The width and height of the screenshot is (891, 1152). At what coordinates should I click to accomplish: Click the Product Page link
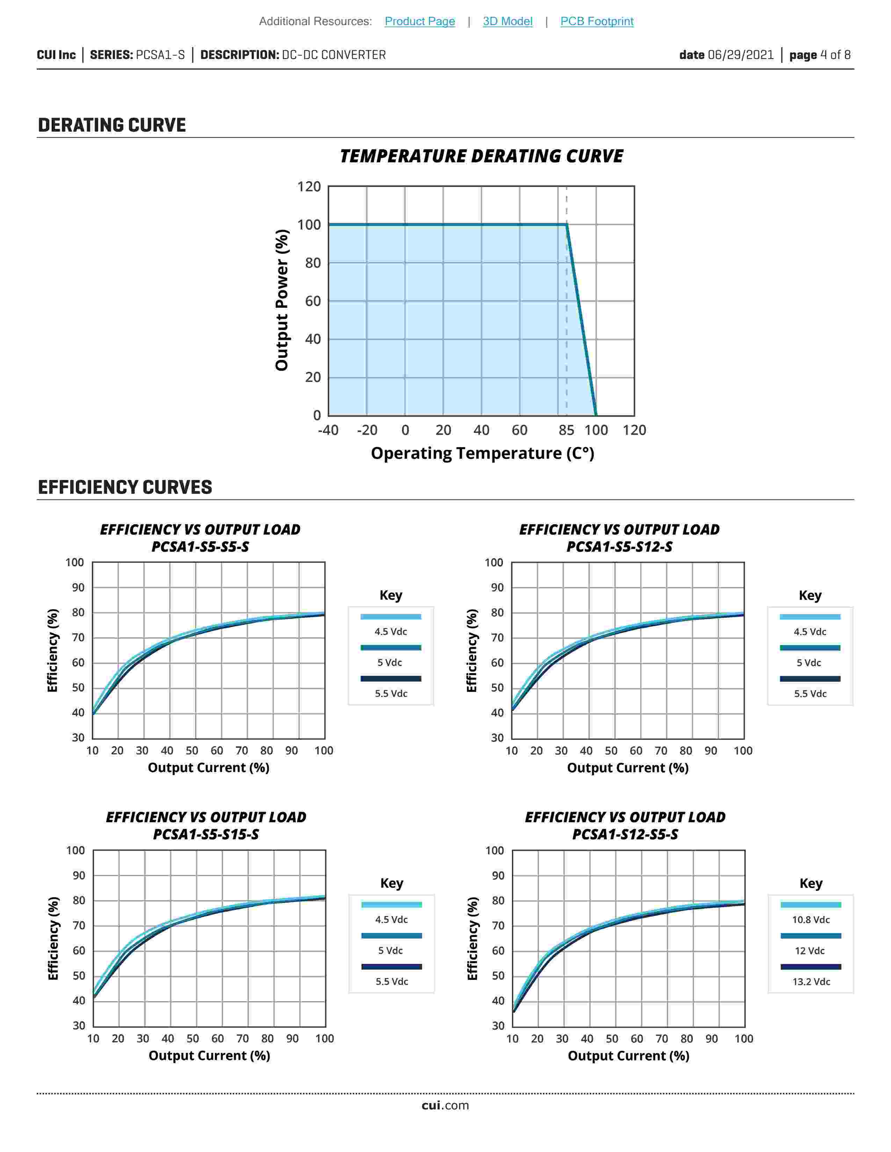pos(420,21)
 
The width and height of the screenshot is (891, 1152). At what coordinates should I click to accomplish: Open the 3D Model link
pos(507,21)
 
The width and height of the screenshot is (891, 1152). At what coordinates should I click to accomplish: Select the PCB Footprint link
pos(596,21)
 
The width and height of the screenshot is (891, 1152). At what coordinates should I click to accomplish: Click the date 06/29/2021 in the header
pos(726,55)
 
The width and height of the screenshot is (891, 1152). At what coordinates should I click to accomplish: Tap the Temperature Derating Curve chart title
pos(481,156)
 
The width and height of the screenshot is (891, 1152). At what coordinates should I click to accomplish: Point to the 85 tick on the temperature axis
pos(566,430)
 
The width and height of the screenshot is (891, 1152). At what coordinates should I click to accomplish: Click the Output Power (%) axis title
pos(282,300)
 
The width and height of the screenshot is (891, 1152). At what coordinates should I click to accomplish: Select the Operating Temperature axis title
pos(483,453)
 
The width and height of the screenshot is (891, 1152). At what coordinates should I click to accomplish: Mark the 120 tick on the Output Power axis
pos(309,187)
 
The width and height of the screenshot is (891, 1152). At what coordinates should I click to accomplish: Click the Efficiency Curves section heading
pos(125,487)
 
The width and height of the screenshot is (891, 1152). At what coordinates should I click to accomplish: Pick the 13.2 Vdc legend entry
pos(811,982)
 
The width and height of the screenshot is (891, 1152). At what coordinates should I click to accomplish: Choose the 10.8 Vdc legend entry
pos(811,920)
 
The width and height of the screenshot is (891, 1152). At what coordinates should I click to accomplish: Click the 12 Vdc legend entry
pos(810,951)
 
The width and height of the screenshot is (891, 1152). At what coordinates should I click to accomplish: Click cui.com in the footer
pos(445,1106)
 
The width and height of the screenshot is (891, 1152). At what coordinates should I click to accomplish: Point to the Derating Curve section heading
pos(112,125)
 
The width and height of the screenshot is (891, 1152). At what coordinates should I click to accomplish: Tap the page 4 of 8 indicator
pos(820,55)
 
